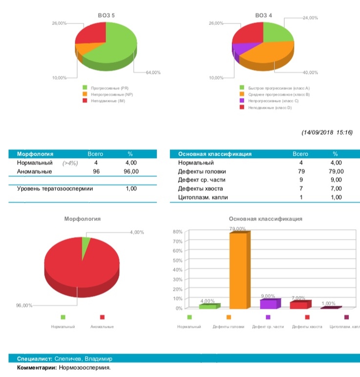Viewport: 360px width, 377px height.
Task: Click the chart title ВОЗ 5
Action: coord(107,16)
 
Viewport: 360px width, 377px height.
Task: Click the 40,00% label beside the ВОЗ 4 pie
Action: coord(310,72)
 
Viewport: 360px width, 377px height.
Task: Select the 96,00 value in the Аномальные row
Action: coord(131,171)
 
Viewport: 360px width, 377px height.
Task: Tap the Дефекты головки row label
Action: coord(198,171)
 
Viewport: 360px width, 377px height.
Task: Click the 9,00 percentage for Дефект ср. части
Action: coord(337,180)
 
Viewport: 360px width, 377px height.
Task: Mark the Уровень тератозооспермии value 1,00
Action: coord(131,188)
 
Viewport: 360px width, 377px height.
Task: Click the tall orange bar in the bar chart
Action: coord(239,270)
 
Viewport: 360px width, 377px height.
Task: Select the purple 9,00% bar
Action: coord(268,304)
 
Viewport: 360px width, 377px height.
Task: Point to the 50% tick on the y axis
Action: coord(178,260)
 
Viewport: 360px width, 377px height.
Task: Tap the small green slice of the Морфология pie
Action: coord(86,242)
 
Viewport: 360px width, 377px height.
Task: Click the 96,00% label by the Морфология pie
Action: coord(24,306)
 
